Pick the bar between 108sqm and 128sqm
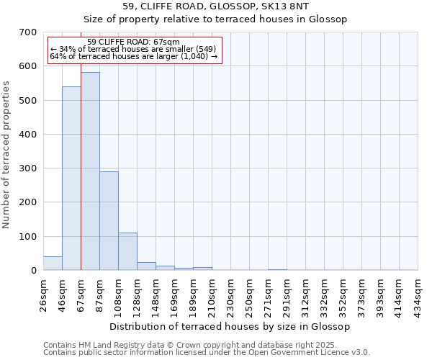pyautogui.click(x=127, y=251)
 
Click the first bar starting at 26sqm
pyautogui.click(x=53, y=264)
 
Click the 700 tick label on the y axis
pyautogui.click(x=28, y=32)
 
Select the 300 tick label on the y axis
pyautogui.click(x=28, y=168)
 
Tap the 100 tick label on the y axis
pyautogui.click(x=28, y=236)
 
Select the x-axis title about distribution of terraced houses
pyautogui.click(x=230, y=326)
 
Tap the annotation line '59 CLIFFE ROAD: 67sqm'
pyautogui.click(x=133, y=42)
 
